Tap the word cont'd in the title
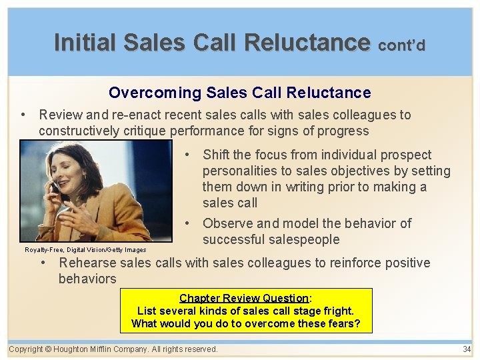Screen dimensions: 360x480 pos(401,45)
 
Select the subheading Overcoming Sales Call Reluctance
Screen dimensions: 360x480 pos(239,93)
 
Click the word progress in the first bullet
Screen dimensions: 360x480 pos(345,131)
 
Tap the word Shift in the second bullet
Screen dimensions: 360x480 pos(217,155)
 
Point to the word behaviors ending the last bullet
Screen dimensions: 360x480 pos(87,279)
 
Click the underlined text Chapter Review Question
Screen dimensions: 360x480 pos(243,298)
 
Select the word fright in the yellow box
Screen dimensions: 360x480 pos(337,311)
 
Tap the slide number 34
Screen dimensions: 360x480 pos(467,349)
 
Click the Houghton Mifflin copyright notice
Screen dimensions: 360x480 pos(113,349)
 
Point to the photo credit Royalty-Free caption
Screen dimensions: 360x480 pos(85,250)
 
